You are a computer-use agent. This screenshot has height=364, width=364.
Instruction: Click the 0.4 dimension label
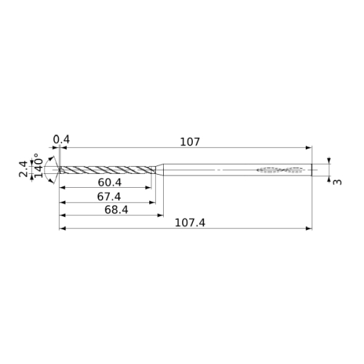pyautogui.click(x=61, y=140)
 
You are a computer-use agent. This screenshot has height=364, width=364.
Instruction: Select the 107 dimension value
pyautogui.click(x=190, y=142)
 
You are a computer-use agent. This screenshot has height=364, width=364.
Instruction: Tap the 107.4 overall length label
pyautogui.click(x=190, y=223)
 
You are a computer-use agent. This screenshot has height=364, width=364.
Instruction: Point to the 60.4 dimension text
pyautogui.click(x=109, y=183)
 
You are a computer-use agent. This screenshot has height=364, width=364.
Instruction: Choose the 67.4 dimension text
pyautogui.click(x=109, y=197)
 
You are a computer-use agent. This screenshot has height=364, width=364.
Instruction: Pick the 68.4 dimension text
pyautogui.click(x=116, y=210)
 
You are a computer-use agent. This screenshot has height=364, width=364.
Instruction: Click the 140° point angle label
pyautogui.click(x=39, y=165)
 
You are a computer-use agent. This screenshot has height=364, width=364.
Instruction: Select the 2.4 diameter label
pyautogui.click(x=23, y=169)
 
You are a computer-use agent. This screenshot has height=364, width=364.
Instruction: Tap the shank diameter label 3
pyautogui.click(x=337, y=182)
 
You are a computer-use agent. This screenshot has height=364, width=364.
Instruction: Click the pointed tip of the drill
pyautogui.click(x=58, y=170)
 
